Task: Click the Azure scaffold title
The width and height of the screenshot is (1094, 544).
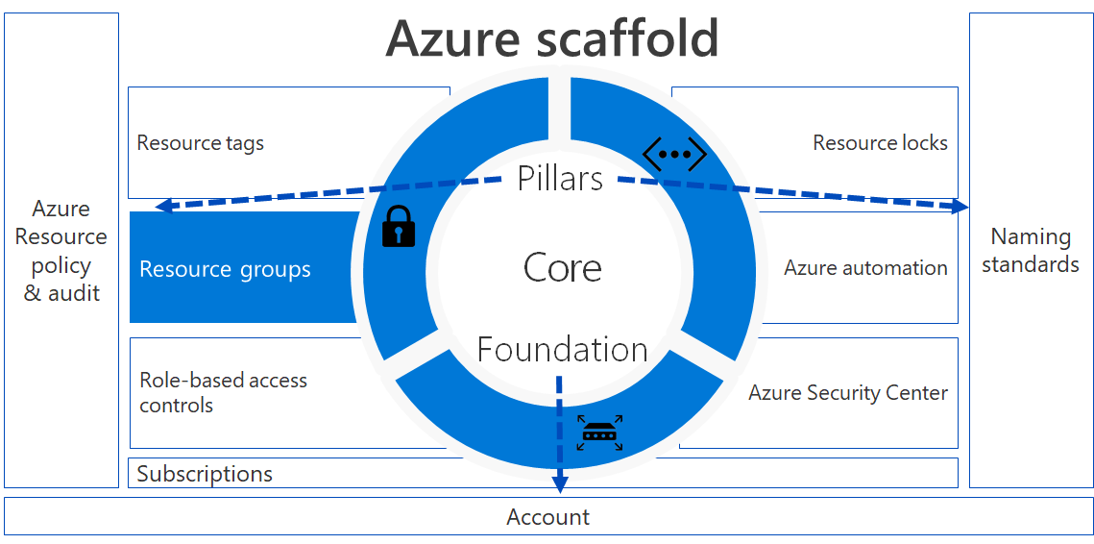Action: point(552,38)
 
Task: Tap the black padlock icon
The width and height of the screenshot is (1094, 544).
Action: point(399,226)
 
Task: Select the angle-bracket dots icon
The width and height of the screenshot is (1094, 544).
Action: point(674,155)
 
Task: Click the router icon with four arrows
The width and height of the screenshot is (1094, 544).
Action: point(599,433)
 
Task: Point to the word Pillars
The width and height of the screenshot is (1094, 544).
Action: point(560,179)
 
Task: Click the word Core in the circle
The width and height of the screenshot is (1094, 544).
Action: point(562,268)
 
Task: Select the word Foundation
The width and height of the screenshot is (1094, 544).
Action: point(562,349)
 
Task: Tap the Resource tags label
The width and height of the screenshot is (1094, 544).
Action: point(200,144)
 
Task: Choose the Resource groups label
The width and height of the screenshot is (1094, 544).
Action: point(226,269)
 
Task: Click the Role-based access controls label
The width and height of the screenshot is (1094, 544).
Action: point(223,392)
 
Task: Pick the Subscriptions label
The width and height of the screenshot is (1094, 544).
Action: point(205,474)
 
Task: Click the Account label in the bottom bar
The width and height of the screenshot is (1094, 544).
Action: point(547,517)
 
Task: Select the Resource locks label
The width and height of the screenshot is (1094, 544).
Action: point(881,143)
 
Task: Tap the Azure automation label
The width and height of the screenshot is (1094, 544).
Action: point(865,268)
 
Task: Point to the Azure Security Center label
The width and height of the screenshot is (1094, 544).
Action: point(848,393)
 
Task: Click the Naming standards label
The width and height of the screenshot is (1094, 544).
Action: point(1031,251)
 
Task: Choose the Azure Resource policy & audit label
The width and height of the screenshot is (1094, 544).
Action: point(61,251)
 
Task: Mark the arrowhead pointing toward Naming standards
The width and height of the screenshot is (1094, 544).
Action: point(961,206)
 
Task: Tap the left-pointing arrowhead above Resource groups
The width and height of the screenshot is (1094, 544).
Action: point(162,206)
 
